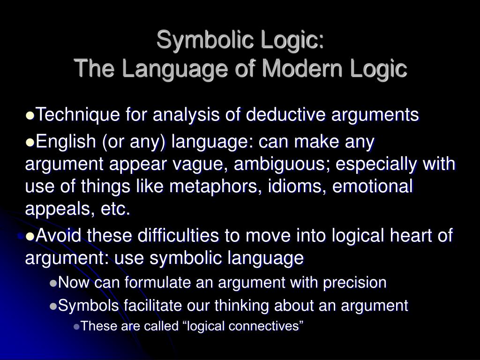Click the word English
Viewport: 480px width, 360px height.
[x=66, y=141]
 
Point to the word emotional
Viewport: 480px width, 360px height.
[x=373, y=187]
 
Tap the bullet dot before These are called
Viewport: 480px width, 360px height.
[x=77, y=326]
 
